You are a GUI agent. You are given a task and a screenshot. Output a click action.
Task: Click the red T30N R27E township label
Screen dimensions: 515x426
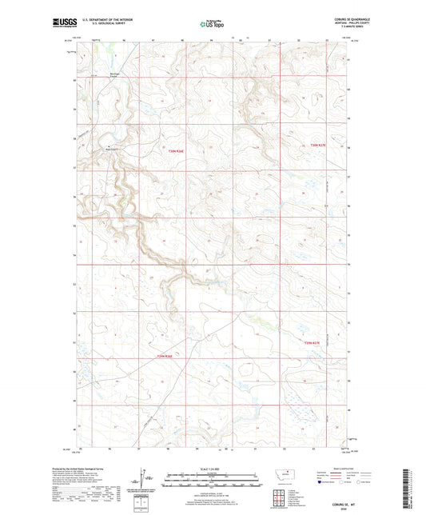click(x=320, y=144)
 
